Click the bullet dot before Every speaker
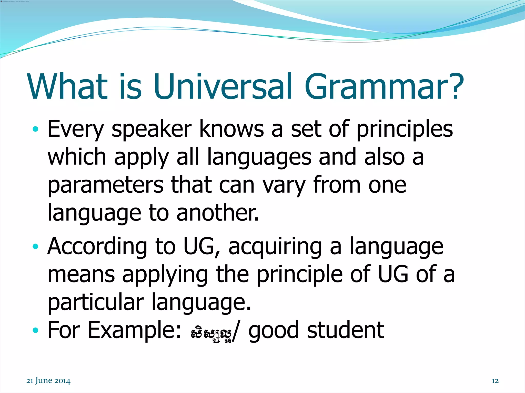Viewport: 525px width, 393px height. [x=36, y=129]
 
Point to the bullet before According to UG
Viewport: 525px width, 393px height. [x=36, y=247]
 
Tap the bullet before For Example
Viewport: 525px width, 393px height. [x=36, y=330]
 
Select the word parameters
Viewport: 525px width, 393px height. [x=105, y=186]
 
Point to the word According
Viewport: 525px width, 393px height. [x=97, y=247]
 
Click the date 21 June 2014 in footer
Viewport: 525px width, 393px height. [x=48, y=381]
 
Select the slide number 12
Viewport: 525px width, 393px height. [x=495, y=381]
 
